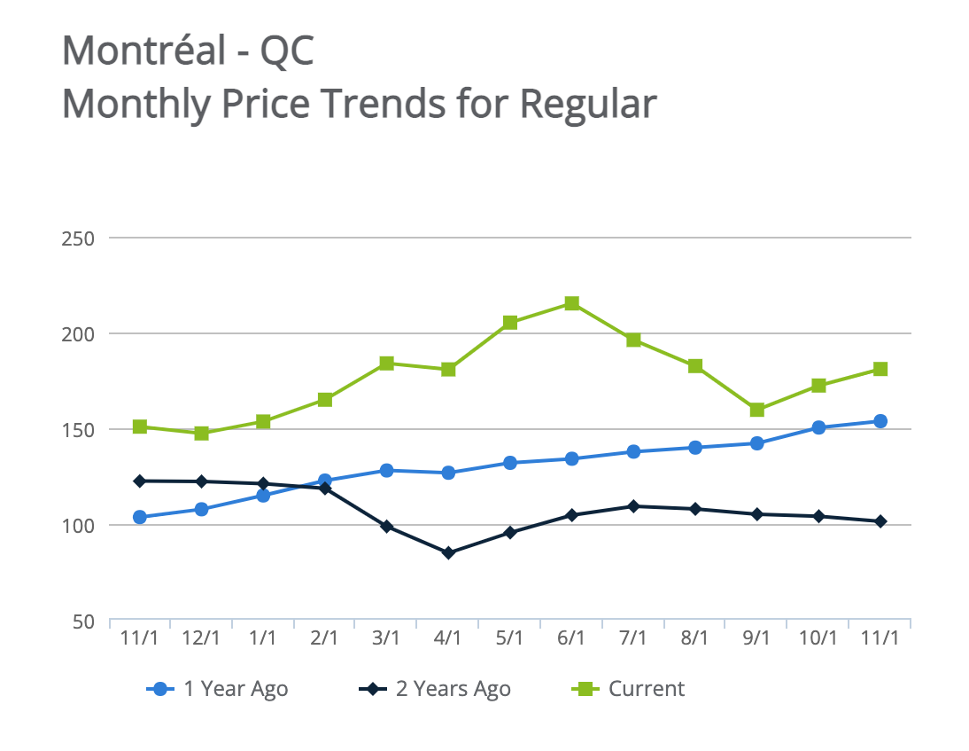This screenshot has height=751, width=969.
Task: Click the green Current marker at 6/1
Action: pos(572,303)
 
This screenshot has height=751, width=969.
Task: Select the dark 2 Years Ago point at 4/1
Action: pos(448,552)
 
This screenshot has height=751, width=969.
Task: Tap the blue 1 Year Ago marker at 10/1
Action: pos(818,427)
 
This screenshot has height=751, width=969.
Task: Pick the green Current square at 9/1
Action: pos(756,410)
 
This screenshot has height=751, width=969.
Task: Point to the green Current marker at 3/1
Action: pos(386,364)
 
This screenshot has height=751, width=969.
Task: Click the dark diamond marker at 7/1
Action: pos(633,506)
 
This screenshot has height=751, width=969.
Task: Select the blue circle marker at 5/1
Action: pos(510,463)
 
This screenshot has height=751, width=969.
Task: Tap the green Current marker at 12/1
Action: pos(201,433)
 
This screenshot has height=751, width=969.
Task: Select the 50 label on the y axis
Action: pos(82,622)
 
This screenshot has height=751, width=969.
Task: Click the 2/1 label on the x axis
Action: pos(324,638)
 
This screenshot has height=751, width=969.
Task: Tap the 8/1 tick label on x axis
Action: pos(694,638)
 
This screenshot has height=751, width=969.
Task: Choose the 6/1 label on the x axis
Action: pos(571,638)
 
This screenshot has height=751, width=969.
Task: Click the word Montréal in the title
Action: pos(144,51)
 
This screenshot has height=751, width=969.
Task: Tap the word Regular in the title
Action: pos(587,104)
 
